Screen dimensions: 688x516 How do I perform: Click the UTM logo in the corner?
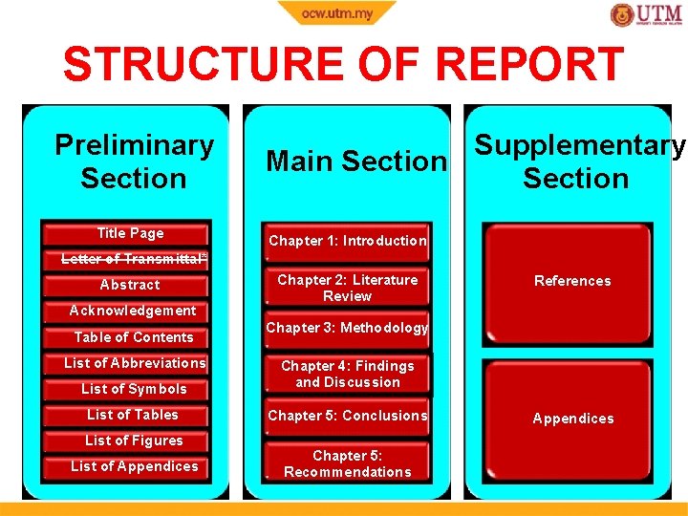[646, 15]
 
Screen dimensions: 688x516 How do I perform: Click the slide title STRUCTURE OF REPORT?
[343, 65]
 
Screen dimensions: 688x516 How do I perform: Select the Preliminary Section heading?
[134, 161]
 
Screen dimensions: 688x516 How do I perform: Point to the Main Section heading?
[355, 161]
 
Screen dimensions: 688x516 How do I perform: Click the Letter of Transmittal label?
[134, 259]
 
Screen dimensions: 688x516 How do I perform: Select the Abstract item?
[130, 285]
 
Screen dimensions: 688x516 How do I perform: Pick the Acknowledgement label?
[133, 311]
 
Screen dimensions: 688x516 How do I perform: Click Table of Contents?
[134, 337]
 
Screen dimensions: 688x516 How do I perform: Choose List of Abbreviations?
[135, 363]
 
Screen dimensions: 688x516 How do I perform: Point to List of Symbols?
[134, 389]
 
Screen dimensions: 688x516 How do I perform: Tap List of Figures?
[134, 441]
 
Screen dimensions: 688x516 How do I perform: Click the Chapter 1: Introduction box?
[348, 241]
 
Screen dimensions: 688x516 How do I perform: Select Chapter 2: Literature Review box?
[348, 288]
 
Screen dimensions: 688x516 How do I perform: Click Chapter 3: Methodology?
[348, 328]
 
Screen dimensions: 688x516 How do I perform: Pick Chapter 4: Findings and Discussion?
[348, 374]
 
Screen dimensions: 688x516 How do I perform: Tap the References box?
[572, 281]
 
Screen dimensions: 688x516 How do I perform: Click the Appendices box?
[572, 419]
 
